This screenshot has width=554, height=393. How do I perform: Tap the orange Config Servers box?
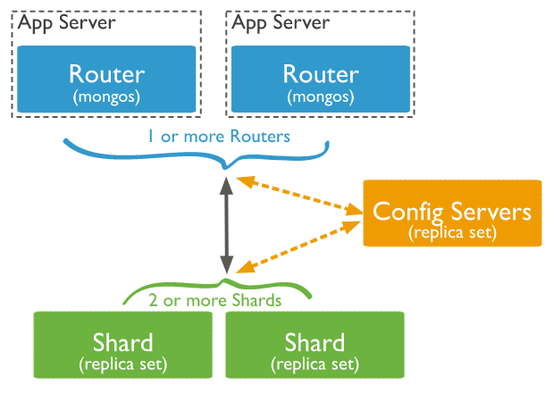pos(451,213)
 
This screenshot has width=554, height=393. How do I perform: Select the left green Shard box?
pos(123,344)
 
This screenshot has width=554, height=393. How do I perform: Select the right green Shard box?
pos(315,344)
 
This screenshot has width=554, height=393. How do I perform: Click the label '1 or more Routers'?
pos(219,137)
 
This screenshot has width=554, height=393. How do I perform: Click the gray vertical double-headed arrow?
pos(227,223)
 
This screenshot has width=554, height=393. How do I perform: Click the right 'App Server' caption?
pos(281,21)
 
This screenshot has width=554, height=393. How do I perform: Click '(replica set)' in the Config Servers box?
pos(451,232)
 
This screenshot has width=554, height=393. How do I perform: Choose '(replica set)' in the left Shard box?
pos(123,364)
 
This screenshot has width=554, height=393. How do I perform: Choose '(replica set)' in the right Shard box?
pos(315,364)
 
